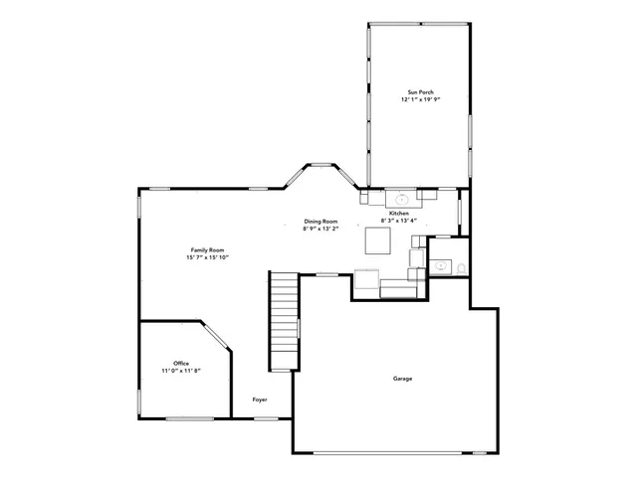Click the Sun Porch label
click(x=419, y=91)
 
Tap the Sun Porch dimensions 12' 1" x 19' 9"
click(x=419, y=99)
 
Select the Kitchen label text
click(x=399, y=214)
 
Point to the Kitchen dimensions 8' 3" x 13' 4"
click(x=399, y=221)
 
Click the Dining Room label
click(x=320, y=221)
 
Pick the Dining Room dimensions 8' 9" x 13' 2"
click(x=320, y=229)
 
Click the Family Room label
click(x=207, y=249)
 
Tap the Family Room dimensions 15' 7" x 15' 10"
click(x=207, y=257)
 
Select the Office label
click(x=180, y=363)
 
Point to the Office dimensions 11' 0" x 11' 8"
click(x=180, y=371)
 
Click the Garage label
click(x=402, y=379)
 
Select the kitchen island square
click(x=378, y=241)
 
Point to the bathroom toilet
click(x=460, y=265)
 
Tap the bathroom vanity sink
click(x=440, y=265)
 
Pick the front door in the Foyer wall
click(x=265, y=418)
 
